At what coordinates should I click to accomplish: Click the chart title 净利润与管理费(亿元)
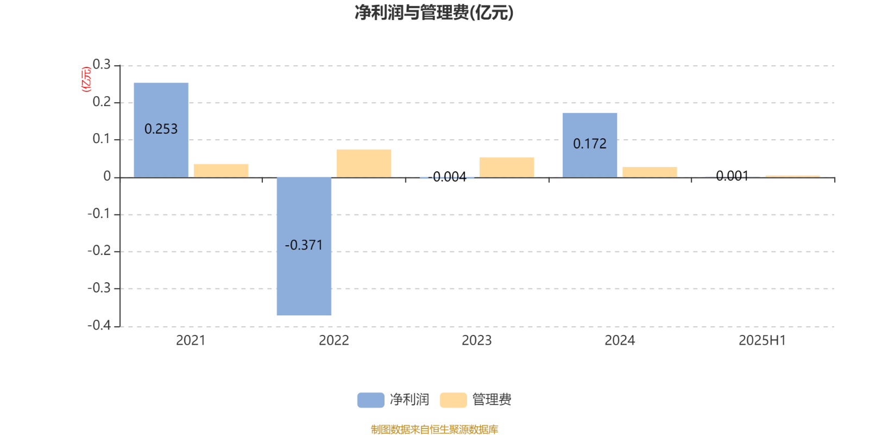(x=434, y=13)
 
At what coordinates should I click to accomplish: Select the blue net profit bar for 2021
(x=161, y=130)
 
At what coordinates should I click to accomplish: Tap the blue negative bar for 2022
(x=304, y=246)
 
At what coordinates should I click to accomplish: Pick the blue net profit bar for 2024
(x=590, y=145)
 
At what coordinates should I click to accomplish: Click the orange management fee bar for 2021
(x=221, y=171)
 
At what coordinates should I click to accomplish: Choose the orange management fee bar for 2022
(x=364, y=164)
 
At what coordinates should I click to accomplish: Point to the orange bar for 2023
(x=507, y=167)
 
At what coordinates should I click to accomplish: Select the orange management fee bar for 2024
(x=650, y=172)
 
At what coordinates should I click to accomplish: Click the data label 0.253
(x=161, y=129)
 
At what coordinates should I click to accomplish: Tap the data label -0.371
(x=304, y=245)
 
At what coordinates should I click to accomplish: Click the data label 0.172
(x=590, y=144)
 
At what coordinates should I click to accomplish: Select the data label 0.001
(x=733, y=176)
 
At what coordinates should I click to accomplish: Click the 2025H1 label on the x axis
(x=763, y=340)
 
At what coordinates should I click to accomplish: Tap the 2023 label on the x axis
(x=477, y=340)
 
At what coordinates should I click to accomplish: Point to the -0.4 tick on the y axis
(x=99, y=325)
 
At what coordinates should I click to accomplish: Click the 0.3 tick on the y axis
(x=102, y=64)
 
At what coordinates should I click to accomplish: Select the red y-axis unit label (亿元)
(x=86, y=79)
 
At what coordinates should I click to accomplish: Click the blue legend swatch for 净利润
(x=371, y=400)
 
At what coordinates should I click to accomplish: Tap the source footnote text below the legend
(x=434, y=429)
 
